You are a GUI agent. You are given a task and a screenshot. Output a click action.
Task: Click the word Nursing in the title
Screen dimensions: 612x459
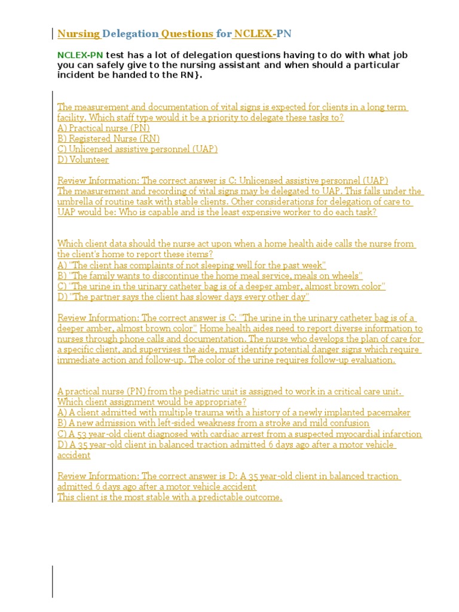[78, 33]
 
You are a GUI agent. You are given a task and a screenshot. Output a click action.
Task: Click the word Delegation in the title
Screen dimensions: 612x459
[130, 33]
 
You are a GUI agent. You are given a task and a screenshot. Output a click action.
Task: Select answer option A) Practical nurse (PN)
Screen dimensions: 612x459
[103, 128]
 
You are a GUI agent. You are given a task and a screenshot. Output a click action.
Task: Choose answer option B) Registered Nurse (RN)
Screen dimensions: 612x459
[108, 139]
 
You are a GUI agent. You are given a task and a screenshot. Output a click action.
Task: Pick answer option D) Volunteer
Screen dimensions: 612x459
[83, 160]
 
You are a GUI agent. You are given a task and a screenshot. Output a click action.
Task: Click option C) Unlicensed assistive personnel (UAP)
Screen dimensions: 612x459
[137, 149]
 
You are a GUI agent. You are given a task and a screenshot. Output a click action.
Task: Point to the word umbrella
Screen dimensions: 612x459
[76, 201]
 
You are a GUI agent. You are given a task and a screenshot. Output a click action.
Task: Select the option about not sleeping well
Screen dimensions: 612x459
[191, 265]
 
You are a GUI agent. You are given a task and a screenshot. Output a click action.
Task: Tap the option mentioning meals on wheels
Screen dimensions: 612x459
[210, 276]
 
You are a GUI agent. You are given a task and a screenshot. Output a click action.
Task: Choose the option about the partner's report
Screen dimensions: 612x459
[183, 296]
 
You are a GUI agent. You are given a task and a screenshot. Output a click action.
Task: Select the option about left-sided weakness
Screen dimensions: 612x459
[213, 423]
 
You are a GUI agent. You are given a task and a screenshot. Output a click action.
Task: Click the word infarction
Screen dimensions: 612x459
[400, 434]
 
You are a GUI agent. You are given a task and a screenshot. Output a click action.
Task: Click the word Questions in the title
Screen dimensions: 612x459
[187, 33]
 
